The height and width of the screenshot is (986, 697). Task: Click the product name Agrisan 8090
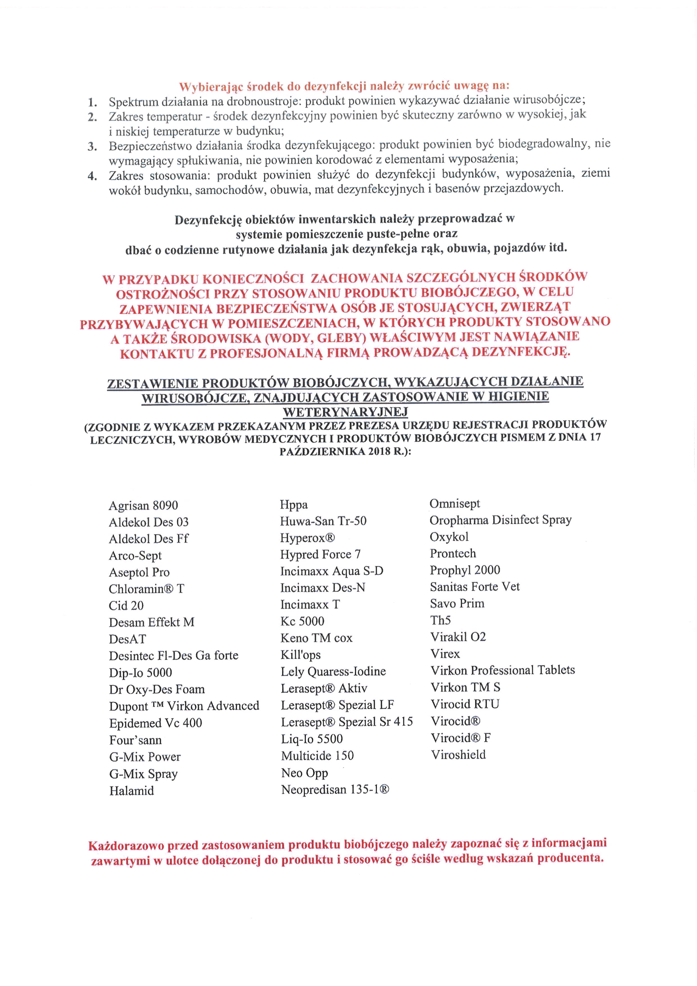[x=143, y=506]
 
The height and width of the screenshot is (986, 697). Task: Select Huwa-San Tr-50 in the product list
[x=323, y=521]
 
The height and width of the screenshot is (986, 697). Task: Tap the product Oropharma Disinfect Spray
[x=501, y=520]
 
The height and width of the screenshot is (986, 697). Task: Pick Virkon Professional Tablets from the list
[x=503, y=670]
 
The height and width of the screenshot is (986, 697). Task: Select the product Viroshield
[x=458, y=755]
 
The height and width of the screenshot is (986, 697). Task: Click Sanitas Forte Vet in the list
[x=475, y=586]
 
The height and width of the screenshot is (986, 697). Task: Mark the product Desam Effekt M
[x=151, y=622]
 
